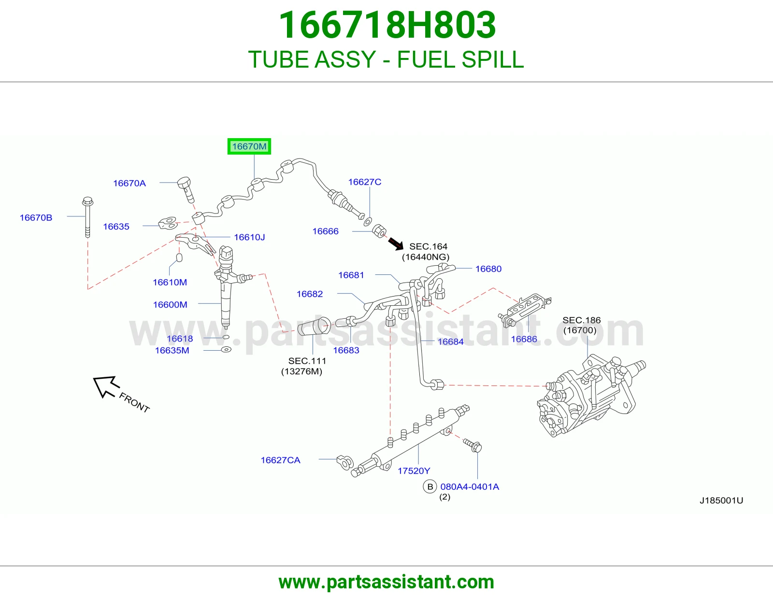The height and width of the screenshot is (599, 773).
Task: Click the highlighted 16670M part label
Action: point(249,146)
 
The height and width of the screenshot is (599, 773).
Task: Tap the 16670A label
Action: point(129,183)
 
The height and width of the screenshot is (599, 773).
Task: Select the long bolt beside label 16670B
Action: point(87,216)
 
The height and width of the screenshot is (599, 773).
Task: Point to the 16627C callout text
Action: point(365,182)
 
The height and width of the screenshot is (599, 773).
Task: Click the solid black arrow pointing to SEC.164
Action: point(396,243)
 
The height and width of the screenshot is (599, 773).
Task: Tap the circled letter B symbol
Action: point(429,486)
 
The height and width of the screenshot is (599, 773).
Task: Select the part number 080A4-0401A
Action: point(470,486)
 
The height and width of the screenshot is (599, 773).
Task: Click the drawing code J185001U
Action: point(721,500)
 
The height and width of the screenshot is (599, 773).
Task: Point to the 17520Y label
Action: point(414,471)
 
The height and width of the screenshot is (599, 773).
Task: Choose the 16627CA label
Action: point(280,460)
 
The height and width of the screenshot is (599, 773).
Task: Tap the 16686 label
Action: point(524,339)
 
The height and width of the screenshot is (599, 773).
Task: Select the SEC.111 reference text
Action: point(307,361)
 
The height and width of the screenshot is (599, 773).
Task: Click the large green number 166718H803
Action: point(387,25)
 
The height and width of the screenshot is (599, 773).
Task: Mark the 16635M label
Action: point(172,350)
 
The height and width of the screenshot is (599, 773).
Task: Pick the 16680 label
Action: point(488,269)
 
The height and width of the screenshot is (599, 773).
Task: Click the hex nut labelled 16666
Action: point(379,231)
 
